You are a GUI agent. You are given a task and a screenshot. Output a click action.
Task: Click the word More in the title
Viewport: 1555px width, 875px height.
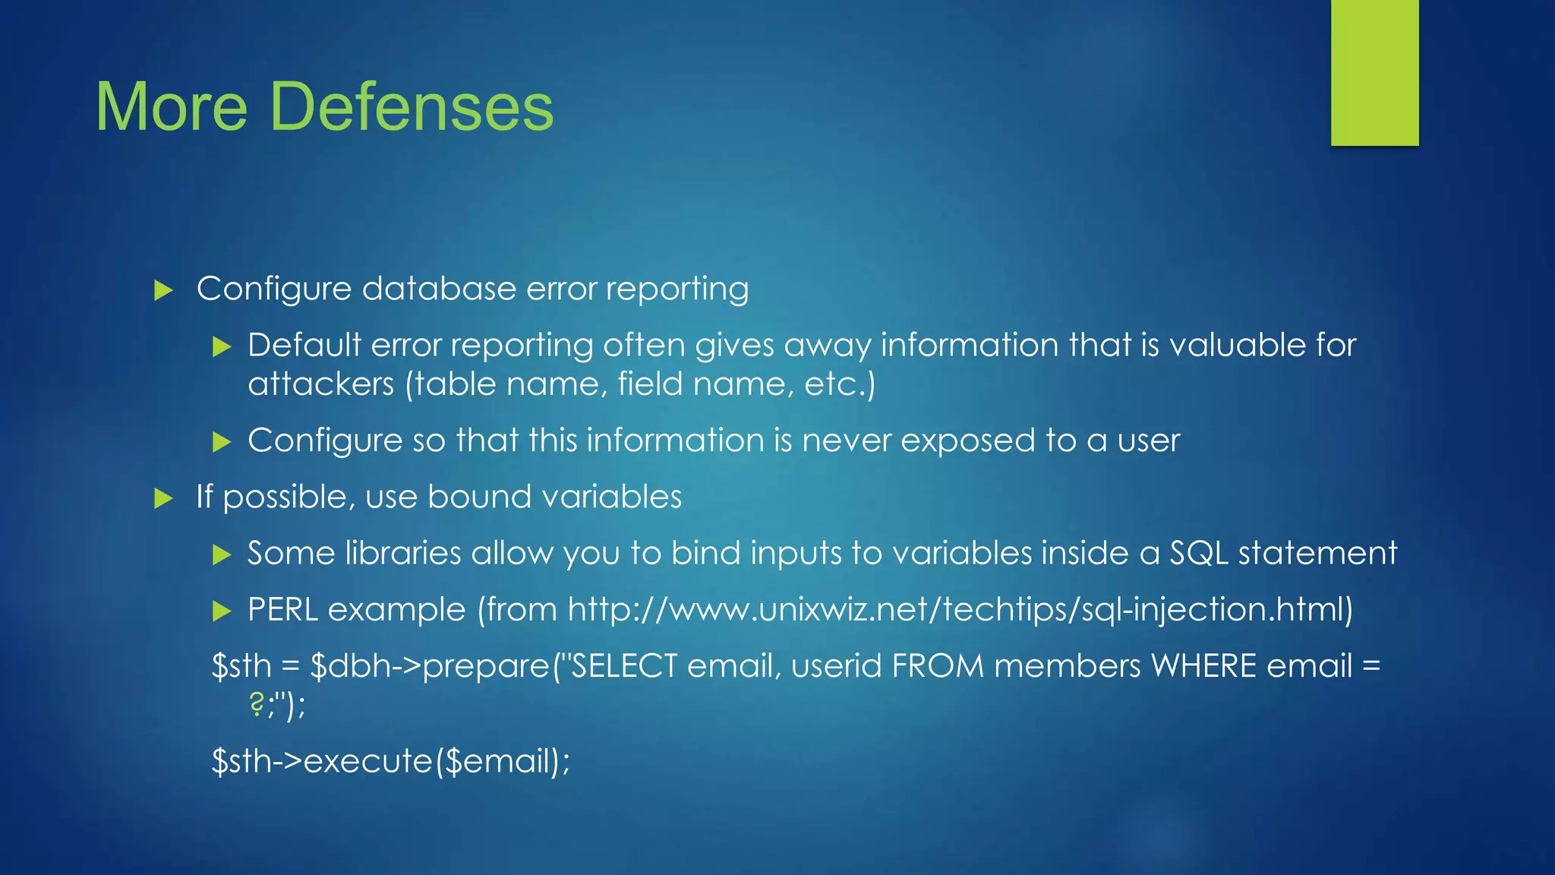[x=172, y=106]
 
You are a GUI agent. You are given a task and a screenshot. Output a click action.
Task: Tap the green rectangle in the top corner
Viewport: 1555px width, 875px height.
[x=1374, y=72]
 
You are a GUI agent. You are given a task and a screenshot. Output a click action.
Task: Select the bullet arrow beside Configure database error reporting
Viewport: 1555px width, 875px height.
[x=163, y=290]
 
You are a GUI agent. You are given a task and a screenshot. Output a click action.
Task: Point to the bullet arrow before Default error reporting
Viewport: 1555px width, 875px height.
[x=221, y=347]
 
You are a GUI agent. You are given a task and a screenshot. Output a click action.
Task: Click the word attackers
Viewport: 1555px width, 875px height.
[x=320, y=384]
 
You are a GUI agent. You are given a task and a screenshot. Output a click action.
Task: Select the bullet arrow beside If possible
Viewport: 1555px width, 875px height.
[x=163, y=498]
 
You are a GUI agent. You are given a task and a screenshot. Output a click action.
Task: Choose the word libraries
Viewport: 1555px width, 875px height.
[x=402, y=553]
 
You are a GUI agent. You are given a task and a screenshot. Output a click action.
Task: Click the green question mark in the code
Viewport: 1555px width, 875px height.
[x=256, y=705]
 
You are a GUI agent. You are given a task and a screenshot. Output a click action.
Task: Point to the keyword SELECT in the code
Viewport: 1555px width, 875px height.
[x=623, y=666]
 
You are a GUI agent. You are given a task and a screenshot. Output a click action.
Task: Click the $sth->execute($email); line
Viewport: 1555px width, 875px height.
[x=390, y=761]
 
